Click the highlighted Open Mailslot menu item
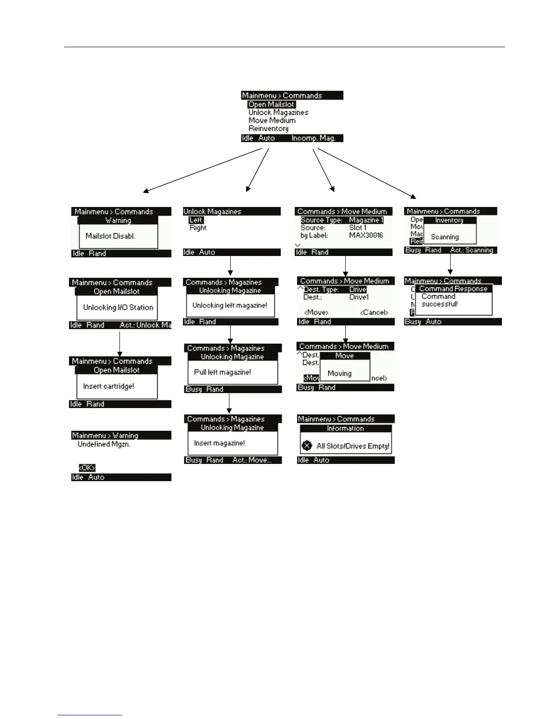pyautogui.click(x=271, y=104)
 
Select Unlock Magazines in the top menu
pyautogui.click(x=278, y=113)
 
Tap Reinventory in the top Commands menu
pyautogui.click(x=268, y=128)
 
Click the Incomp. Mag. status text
pyautogui.click(x=313, y=138)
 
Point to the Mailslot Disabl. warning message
pyautogui.click(x=110, y=236)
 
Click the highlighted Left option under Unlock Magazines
pyautogui.click(x=196, y=220)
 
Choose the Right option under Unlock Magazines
pyautogui.click(x=198, y=228)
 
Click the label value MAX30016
pyautogui.click(x=366, y=235)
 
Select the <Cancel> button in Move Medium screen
pyautogui.click(x=374, y=312)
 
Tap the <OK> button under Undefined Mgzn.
pyautogui.click(x=87, y=468)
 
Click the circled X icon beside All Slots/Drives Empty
pyautogui.click(x=307, y=446)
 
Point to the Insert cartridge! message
pyautogui.click(x=109, y=386)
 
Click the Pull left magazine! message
pyautogui.click(x=222, y=372)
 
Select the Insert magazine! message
pyautogui.click(x=219, y=443)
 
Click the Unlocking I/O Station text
pyautogui.click(x=118, y=307)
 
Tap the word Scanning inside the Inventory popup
pyautogui.click(x=445, y=237)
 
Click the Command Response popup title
pyautogui.click(x=453, y=289)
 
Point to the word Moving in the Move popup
pyautogui.click(x=339, y=374)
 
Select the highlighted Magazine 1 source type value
pyautogui.click(x=366, y=220)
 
